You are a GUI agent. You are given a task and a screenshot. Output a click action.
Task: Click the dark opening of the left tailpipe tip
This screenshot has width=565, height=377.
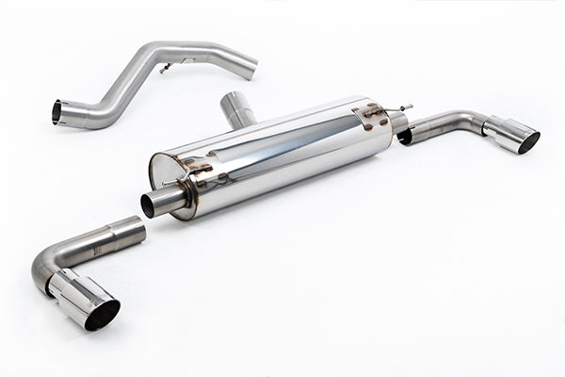pos(102,315)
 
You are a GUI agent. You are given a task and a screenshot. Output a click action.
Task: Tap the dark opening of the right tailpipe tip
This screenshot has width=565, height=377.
pos(528,142)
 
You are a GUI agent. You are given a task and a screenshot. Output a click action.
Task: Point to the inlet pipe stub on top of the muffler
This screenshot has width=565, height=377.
pos(238,109)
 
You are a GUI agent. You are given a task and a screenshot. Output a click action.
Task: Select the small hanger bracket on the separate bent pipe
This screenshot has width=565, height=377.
pos(166,68)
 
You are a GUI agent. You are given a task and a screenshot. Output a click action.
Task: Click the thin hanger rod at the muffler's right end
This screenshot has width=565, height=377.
pos(405,108)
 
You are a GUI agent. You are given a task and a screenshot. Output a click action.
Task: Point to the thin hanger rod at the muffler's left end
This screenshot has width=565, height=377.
pos(170,182)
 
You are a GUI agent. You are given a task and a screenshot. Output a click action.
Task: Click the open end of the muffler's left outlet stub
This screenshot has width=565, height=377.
pos(148,205)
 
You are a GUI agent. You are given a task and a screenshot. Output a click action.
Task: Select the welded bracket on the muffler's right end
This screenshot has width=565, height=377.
pos(373,115)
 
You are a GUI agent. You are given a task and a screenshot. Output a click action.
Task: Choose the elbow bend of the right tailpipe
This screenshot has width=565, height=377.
pos(476,121)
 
